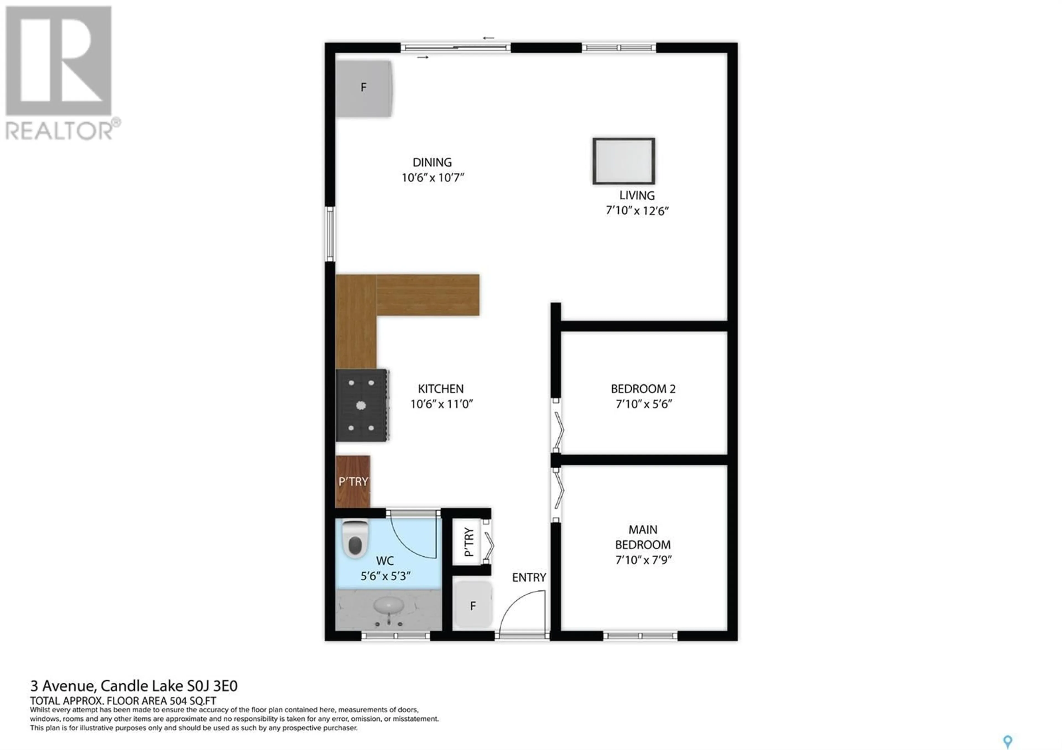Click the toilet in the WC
355,539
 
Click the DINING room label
432,162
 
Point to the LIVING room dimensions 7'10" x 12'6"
637,211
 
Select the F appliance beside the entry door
472,606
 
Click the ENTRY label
529,577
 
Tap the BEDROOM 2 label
643,389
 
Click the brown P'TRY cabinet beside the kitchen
353,481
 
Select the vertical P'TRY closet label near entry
468,542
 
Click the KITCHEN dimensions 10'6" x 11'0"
442,404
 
